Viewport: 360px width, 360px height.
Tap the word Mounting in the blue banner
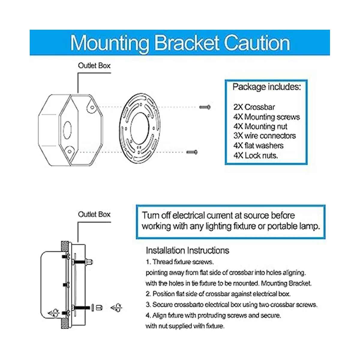pos(110,43)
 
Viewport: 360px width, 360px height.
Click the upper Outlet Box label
pos(94,65)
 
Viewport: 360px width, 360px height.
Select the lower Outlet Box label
pos(94,214)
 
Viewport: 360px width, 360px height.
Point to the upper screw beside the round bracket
pos(205,107)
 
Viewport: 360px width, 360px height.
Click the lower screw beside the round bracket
pos(192,152)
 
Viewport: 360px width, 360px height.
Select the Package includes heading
pos(266,87)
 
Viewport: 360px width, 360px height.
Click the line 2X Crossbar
pos(254,107)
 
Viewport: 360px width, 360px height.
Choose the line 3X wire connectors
pos(264,136)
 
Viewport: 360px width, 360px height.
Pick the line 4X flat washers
pos(258,145)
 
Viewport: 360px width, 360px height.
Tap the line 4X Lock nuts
pos(256,155)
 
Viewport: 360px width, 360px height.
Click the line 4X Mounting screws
pos(266,117)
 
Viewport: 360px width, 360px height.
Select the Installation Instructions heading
pos(187,250)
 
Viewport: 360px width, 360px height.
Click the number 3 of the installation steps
pos(148,305)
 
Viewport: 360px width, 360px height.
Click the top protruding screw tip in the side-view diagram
pos(90,261)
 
